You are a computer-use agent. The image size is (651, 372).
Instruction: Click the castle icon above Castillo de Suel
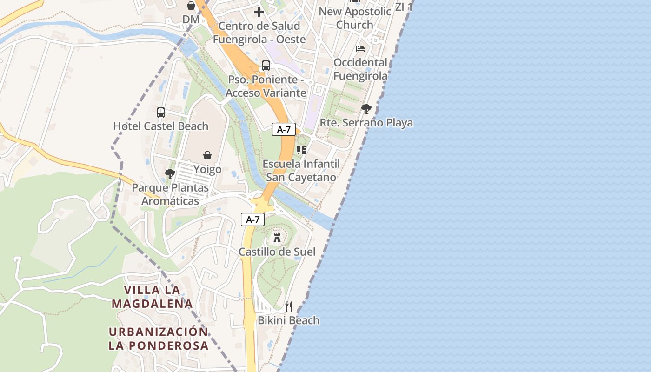277,238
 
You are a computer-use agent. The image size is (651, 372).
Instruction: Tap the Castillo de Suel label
277,252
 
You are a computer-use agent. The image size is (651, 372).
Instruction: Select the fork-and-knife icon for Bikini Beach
289,306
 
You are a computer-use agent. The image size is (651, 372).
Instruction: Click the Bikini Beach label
289,320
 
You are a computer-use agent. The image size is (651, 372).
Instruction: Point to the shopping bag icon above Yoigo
207,155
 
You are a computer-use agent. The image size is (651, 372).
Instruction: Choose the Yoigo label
207,169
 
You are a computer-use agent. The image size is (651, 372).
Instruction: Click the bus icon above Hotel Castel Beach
161,112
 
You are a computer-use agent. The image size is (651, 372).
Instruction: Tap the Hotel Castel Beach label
161,126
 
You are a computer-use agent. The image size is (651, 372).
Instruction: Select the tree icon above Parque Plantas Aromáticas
170,174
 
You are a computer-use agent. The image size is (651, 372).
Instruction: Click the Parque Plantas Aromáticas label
170,194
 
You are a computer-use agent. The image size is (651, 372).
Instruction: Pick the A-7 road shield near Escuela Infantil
284,130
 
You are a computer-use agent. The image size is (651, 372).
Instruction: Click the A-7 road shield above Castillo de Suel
252,219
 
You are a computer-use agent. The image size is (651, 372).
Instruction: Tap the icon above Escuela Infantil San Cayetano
301,150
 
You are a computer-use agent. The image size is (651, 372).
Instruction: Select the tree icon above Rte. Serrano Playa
366,109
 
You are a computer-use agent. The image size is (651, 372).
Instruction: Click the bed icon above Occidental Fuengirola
360,48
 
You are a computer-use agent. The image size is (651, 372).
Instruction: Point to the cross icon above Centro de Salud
259,12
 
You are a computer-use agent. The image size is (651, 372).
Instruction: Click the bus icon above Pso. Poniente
266,66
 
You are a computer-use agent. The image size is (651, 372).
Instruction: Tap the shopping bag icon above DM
191,6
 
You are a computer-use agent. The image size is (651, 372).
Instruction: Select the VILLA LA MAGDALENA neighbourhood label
152,297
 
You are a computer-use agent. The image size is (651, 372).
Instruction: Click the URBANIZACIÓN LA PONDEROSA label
159,339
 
